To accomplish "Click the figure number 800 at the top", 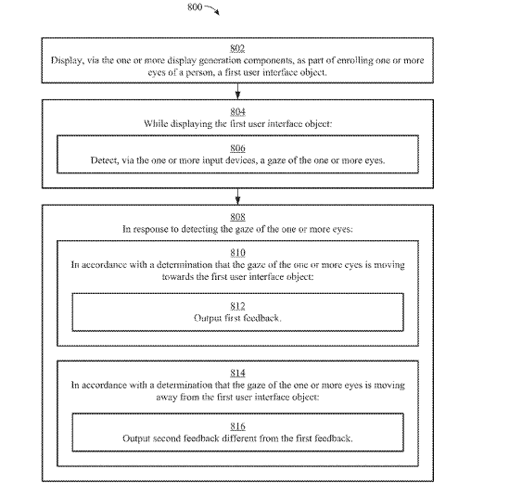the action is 195,6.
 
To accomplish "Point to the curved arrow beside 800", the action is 212,8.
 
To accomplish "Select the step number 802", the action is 237,48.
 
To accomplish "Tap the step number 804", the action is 237,111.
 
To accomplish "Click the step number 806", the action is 237,148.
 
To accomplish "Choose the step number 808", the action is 237,217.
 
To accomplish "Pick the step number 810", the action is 237,253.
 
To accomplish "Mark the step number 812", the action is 237,306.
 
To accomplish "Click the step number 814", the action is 237,373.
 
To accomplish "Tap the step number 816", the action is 237,426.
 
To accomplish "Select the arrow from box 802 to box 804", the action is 237,91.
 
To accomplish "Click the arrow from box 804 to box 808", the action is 237,197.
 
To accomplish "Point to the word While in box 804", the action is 156,124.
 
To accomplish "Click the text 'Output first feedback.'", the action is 237,318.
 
